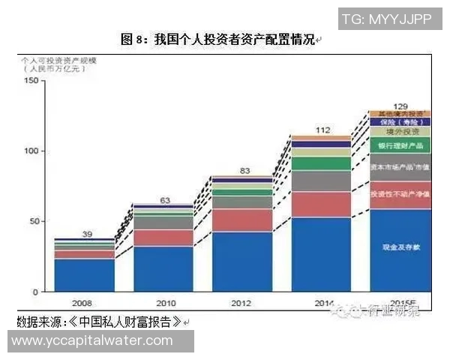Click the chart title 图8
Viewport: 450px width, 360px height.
pos(217,40)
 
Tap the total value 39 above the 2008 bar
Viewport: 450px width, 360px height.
pos(87,234)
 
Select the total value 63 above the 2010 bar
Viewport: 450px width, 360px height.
pos(165,199)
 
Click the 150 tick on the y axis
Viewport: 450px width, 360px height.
pos(31,81)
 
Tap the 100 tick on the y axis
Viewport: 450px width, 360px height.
pos(31,151)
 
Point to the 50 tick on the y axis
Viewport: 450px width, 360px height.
pos(33,221)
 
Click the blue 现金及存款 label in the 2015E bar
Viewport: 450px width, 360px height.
pos(401,246)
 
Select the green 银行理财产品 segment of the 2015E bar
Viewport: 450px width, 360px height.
pos(401,144)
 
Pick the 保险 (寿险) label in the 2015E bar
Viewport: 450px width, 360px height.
pos(401,121)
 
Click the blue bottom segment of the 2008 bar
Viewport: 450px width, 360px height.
pos(85,275)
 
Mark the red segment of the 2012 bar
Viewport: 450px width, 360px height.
pos(242,220)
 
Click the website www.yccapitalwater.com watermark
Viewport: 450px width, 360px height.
pos(93,340)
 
